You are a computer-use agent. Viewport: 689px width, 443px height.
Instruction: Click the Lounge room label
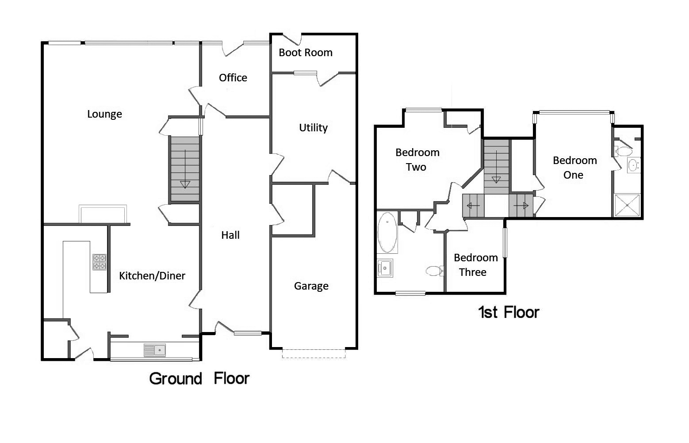click(104, 114)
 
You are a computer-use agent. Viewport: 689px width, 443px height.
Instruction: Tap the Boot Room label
click(306, 53)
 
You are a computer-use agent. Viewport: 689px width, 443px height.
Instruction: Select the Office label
click(233, 78)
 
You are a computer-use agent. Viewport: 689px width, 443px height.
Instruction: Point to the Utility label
click(313, 128)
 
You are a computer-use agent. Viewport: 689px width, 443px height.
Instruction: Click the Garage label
click(311, 286)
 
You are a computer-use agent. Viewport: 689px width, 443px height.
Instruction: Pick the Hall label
click(230, 235)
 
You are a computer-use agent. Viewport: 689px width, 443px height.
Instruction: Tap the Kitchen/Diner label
click(152, 276)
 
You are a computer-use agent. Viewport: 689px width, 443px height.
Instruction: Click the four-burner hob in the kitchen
click(100, 262)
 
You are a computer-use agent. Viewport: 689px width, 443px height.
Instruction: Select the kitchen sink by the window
click(155, 350)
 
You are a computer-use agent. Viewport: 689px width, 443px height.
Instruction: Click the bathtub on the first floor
click(387, 233)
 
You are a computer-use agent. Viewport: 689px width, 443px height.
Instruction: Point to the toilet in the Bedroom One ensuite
click(623, 152)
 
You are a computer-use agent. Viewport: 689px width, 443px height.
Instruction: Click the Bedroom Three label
click(475, 265)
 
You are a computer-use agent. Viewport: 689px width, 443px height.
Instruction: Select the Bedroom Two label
click(417, 160)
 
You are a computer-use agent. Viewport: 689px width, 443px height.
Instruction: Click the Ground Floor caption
click(199, 379)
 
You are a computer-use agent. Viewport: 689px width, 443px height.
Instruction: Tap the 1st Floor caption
click(509, 313)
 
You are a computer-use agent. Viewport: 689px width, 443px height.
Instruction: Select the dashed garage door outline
click(314, 354)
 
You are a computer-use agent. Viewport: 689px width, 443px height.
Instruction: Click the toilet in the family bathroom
click(433, 271)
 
